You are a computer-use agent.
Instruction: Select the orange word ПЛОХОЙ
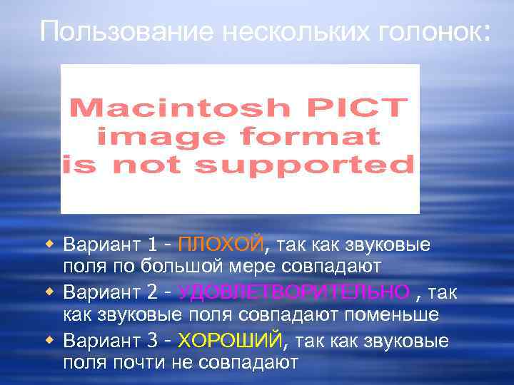click(220, 245)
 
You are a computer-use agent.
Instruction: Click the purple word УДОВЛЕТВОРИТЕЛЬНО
click(293, 293)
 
